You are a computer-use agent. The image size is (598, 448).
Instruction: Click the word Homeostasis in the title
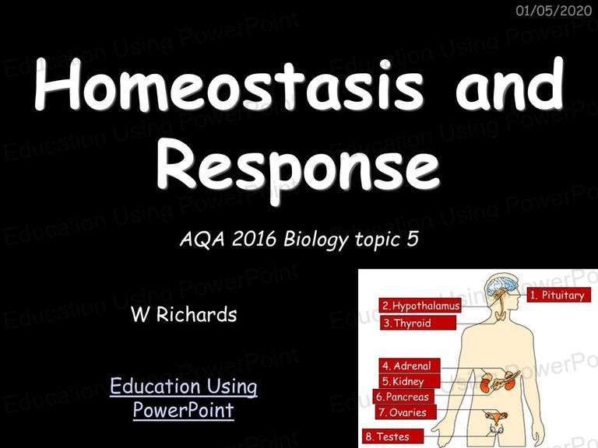229,85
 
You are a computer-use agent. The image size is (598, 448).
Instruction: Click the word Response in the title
298,166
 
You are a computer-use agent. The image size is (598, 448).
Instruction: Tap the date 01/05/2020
554,10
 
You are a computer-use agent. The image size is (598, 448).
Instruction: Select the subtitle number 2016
254,240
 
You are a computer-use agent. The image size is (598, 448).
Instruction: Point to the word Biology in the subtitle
316,240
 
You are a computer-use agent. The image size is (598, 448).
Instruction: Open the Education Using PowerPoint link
184,398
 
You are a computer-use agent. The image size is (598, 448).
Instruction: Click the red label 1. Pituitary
559,295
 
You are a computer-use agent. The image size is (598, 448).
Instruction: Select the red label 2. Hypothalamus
420,306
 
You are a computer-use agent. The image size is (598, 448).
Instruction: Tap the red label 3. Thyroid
418,323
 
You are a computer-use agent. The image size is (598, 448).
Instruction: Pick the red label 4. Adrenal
410,366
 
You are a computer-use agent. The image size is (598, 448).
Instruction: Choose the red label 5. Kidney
410,381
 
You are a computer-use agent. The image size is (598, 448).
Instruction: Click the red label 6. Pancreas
403,397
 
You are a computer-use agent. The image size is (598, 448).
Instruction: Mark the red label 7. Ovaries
406,412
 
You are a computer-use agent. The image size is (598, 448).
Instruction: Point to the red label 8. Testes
392,436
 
